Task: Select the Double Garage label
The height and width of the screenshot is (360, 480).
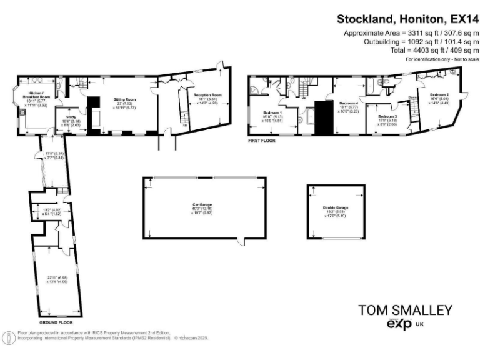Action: pyautogui.click(x=336, y=208)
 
